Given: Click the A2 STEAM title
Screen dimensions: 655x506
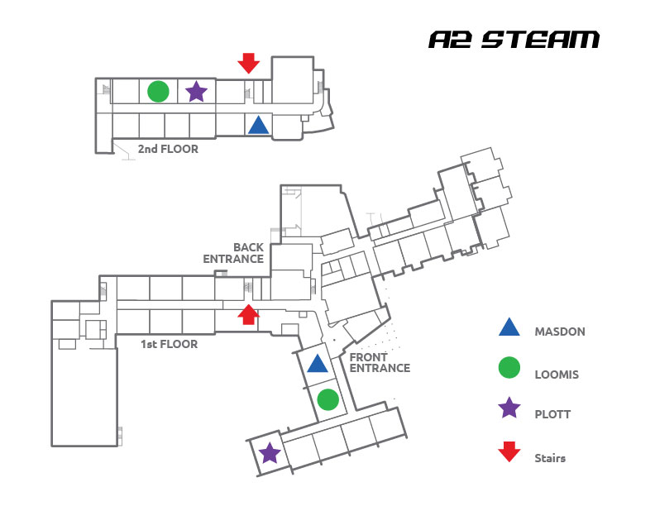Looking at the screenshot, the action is coord(514,40).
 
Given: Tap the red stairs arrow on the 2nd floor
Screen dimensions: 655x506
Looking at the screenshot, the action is coord(249,63).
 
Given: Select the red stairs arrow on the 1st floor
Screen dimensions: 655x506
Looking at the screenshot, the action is coord(249,314).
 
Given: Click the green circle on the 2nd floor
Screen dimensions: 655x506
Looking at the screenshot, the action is coord(158,92).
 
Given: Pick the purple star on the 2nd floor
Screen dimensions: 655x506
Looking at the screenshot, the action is coord(196,92).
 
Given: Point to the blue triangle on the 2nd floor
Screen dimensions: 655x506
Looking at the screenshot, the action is coord(259,125).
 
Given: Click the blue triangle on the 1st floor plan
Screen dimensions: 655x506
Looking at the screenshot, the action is coord(318,363).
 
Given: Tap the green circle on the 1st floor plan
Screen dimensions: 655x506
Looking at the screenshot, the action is coord(328,399).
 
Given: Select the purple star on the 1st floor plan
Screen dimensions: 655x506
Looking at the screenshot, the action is coord(270,453).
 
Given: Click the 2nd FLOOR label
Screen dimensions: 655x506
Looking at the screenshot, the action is coord(168,149).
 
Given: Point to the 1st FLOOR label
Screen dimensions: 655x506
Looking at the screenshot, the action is coord(170,344).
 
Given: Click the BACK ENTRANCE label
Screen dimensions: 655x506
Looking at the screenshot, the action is coord(233,253).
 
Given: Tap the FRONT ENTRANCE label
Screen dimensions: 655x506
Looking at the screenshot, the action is coord(380,362).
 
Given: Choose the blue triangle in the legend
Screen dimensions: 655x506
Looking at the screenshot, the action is coord(509,327).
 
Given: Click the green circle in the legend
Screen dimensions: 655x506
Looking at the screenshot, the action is coord(509,368).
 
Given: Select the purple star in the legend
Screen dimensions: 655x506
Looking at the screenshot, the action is coord(509,408).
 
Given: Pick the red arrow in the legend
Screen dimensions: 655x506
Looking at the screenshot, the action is coord(509,451).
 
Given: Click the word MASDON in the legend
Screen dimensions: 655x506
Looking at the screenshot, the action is coord(560,332).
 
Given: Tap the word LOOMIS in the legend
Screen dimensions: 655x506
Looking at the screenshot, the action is coord(557,375).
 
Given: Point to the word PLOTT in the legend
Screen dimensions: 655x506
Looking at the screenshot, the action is coord(552,414).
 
